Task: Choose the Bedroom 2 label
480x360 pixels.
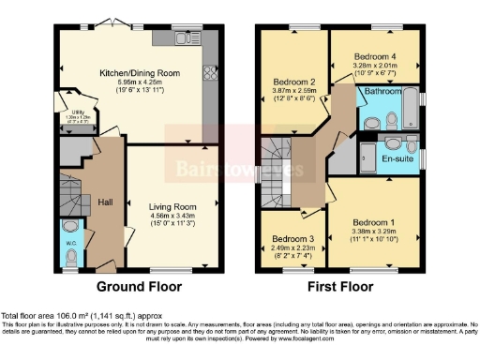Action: pos(292,82)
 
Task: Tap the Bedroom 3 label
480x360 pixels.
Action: pos(292,239)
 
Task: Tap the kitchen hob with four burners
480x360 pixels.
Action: pos(208,73)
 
